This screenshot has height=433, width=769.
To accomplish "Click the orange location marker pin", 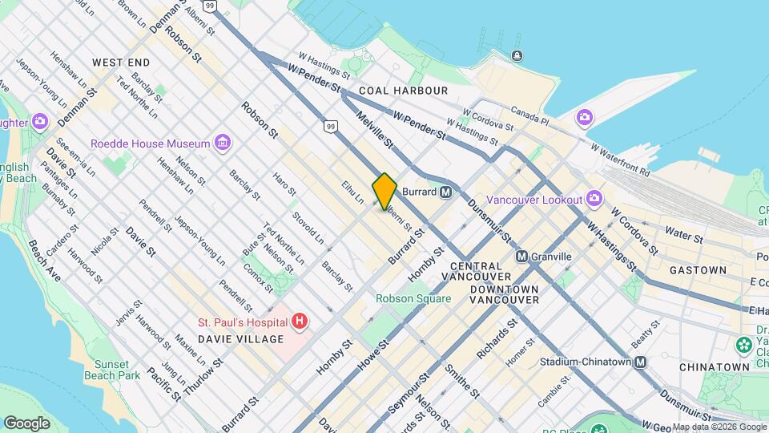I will [384, 191].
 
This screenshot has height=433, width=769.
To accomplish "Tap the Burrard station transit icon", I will [445, 192].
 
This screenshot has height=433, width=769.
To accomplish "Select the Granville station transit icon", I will [521, 257].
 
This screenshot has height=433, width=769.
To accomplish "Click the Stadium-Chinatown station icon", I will [640, 362].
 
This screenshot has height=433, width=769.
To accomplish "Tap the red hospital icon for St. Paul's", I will [300, 322].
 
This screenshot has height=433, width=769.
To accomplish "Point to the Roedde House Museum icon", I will [223, 144].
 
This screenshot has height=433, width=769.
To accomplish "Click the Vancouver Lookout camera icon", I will [594, 198].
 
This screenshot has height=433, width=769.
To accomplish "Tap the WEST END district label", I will [121, 62].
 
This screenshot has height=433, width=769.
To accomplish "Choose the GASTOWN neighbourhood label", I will [698, 270].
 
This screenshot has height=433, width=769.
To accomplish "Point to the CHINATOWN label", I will [714, 366].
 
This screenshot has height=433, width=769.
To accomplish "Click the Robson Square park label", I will [413, 298].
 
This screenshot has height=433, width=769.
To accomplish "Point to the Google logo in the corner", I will [26, 423].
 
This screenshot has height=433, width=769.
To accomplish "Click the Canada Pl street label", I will [529, 117].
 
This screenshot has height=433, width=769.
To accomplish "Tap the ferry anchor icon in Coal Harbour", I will [517, 55].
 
